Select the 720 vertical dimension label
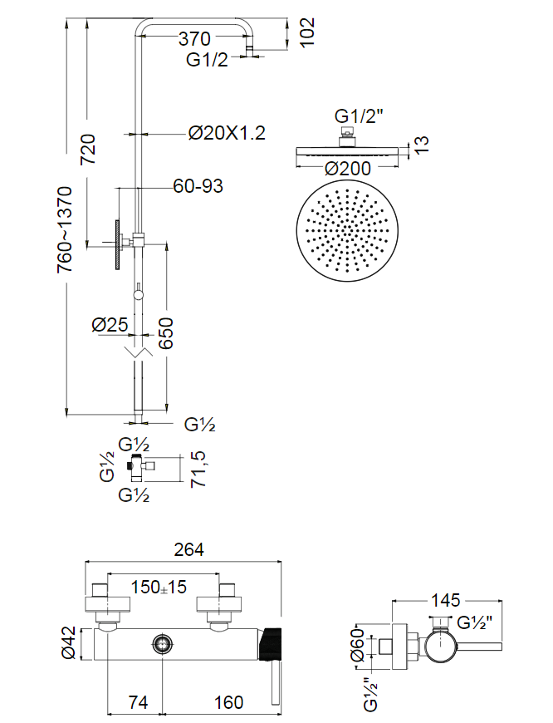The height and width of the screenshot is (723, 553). click(89, 150)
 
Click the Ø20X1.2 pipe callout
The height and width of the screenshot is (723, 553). click(227, 133)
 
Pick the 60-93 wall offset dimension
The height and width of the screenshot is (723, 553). click(198, 185)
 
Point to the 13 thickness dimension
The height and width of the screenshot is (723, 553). click(422, 146)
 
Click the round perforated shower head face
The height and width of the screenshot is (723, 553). click(348, 228)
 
